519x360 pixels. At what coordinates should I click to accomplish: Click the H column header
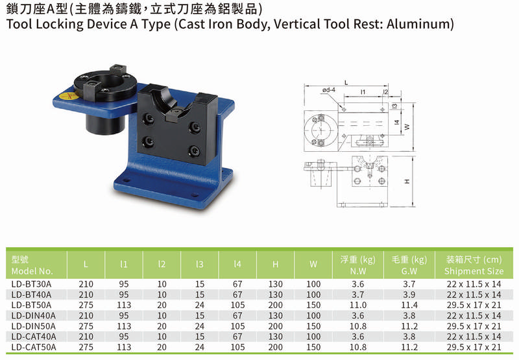click(x=275, y=265)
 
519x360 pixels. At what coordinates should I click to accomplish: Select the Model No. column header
click(x=32, y=271)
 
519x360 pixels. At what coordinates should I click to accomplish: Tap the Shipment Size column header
click(x=474, y=271)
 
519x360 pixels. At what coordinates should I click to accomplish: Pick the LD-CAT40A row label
click(x=34, y=337)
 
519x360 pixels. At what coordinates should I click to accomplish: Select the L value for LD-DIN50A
click(x=86, y=326)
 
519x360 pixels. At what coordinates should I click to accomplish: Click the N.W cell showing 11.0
click(x=358, y=305)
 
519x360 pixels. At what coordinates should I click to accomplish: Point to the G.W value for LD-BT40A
click(x=409, y=294)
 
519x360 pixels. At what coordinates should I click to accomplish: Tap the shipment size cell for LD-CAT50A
click(x=474, y=347)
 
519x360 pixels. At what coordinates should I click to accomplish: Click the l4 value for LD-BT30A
click(x=237, y=284)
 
